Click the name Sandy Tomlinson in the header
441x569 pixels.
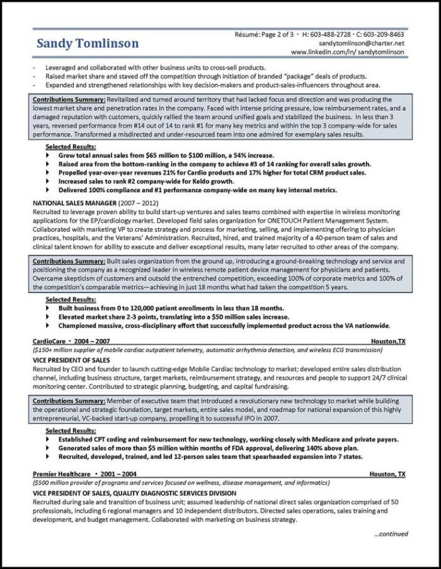coord(88,43)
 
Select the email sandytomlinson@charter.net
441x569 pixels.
coord(362,43)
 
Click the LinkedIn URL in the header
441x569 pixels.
coord(348,52)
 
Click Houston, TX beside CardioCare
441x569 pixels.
coord(388,341)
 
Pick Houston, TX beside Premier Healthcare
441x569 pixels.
coord(388,473)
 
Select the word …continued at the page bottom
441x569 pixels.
coord(391,534)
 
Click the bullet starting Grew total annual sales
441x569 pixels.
coord(166,154)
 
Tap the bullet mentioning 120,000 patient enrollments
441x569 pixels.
coord(171,308)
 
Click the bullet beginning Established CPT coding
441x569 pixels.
coord(227,439)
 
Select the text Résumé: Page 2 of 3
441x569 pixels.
coord(264,34)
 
